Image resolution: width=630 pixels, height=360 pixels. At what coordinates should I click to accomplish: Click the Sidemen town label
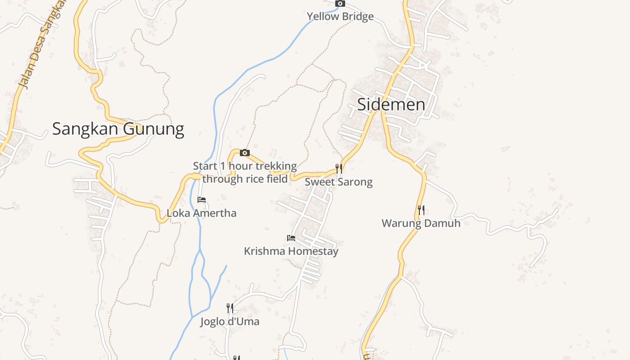pos(391,104)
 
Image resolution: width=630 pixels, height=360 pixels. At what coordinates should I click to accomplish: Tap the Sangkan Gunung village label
pos(118,129)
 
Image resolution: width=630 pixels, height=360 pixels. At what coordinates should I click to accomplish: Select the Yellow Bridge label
pos(340,17)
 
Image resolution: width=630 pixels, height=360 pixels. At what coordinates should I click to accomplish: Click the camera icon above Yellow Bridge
pos(340,4)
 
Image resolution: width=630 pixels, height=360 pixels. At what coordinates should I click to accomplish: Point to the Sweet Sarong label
pos(338,182)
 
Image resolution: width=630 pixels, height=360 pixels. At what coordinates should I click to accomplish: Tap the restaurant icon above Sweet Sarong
pos(339,169)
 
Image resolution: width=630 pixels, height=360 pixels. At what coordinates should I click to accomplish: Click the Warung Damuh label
pos(421,223)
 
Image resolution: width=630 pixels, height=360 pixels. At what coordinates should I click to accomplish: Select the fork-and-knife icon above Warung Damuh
pos(421,210)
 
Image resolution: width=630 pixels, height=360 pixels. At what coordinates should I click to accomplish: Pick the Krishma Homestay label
pos(291,251)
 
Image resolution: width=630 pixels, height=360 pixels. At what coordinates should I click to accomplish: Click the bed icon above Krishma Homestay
pos(291,238)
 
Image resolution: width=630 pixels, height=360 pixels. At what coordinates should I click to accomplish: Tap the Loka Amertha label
pos(202,213)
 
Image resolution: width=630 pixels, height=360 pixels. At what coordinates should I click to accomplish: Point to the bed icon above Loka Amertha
pos(202,199)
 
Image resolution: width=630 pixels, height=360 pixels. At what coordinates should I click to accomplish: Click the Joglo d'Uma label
pos(229,321)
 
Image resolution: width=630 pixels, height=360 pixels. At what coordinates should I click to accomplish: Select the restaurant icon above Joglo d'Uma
pos(229,308)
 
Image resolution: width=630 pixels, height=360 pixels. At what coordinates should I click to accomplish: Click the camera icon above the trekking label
pos(244,153)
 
